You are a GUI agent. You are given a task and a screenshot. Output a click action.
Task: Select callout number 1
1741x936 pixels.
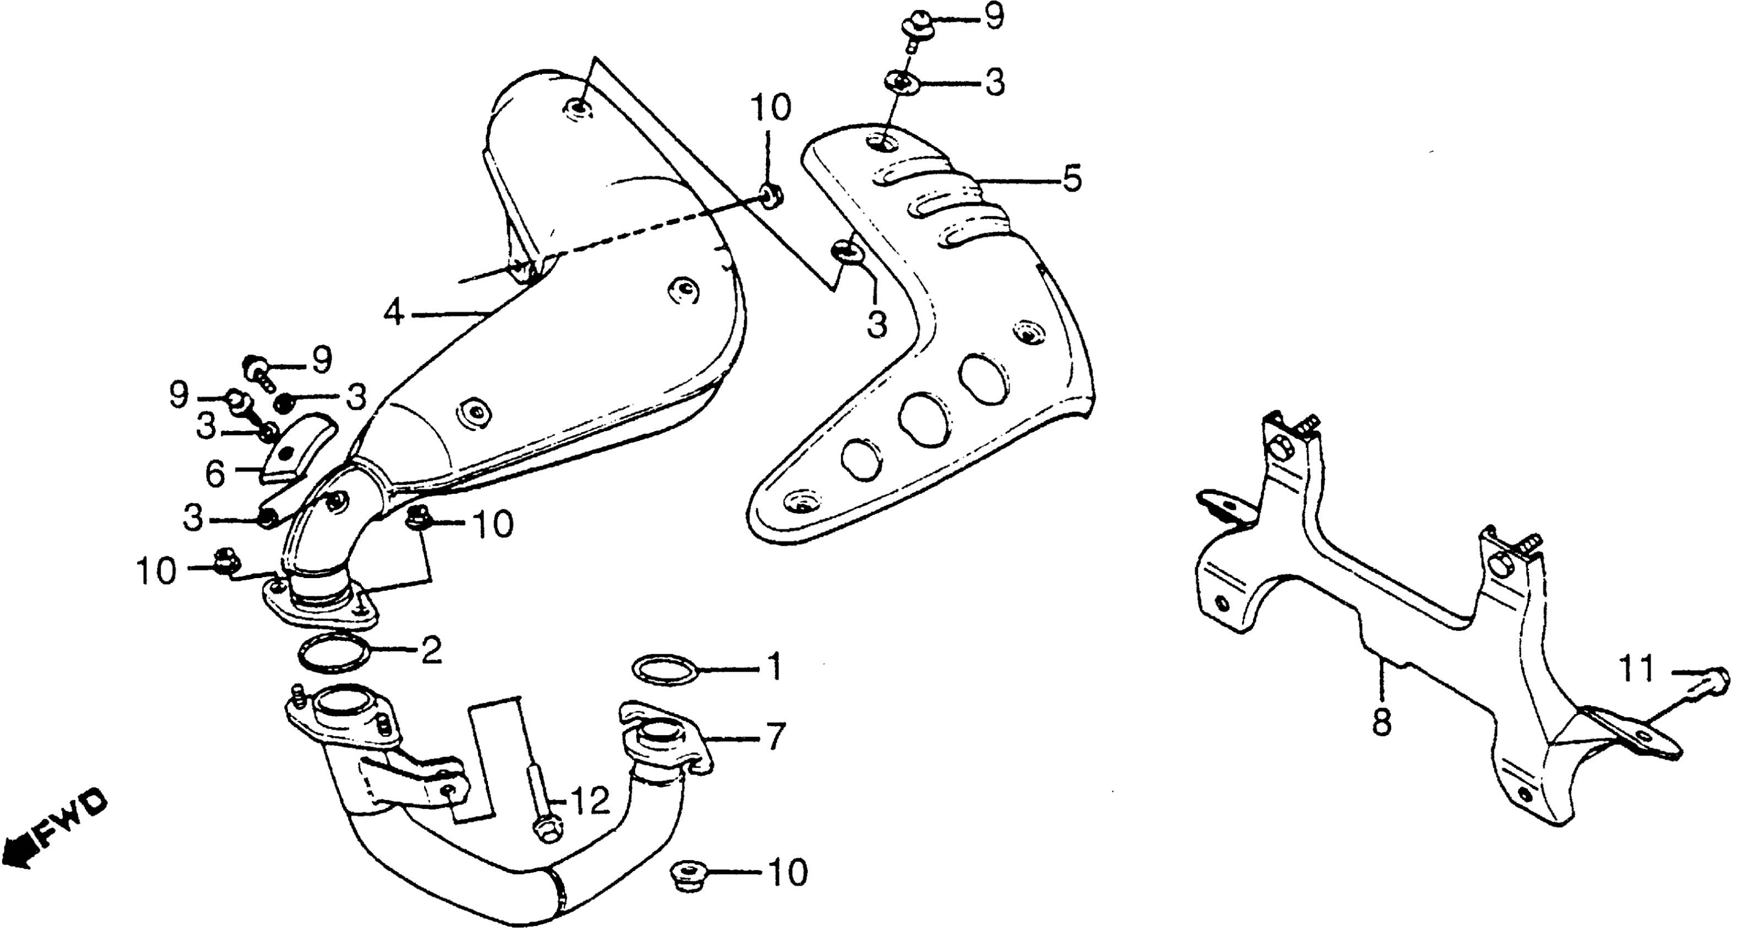coord(775,666)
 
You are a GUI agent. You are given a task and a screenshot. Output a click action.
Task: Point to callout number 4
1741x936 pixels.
coord(395,314)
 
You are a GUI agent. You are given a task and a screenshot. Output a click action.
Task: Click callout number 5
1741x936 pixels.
coord(1071,178)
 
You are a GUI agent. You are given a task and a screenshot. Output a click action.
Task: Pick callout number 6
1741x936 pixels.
coord(215,475)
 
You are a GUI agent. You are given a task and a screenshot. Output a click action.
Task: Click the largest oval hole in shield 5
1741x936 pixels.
coord(923,419)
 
